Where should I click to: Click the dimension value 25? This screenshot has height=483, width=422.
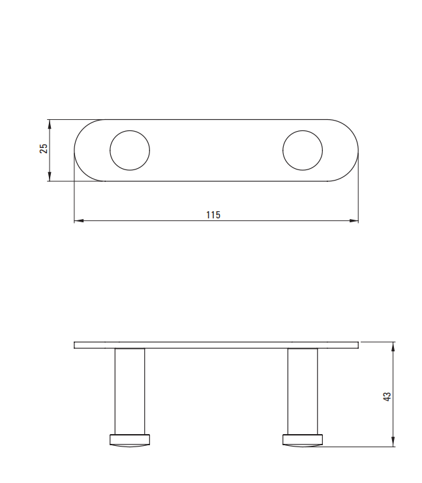[x=44, y=149]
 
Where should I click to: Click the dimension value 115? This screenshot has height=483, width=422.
[x=213, y=214]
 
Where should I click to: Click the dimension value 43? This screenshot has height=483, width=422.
[x=387, y=396]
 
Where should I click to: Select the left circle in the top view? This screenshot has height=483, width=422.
[x=110, y=151]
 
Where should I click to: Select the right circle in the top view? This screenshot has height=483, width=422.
[x=282, y=151]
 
